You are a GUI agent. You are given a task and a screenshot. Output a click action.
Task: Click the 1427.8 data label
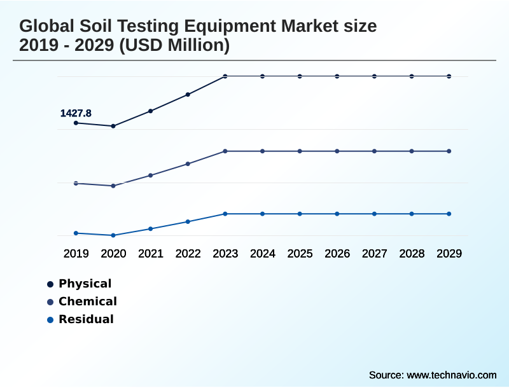(x=76, y=113)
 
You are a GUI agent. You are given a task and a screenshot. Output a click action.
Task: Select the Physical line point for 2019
(x=76, y=123)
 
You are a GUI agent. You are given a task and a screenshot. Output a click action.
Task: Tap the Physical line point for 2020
(x=113, y=126)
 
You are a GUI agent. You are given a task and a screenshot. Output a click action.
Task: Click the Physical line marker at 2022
(x=188, y=95)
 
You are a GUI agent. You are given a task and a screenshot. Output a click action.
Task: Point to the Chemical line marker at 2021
(x=151, y=175)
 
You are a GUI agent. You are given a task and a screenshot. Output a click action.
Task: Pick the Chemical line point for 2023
(x=225, y=151)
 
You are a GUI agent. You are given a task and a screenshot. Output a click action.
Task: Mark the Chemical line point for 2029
(x=449, y=151)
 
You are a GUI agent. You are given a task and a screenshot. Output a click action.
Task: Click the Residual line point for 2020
(x=113, y=235)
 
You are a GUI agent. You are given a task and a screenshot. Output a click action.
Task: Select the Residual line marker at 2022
(x=188, y=221)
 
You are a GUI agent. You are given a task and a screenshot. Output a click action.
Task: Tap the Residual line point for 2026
(x=337, y=214)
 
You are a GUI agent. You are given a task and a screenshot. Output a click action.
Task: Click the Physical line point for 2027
(x=375, y=76)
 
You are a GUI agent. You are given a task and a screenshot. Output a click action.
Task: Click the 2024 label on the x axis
(x=263, y=254)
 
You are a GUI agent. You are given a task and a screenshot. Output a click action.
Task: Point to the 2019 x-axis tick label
(x=76, y=254)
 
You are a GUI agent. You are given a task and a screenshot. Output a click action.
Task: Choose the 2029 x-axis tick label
(x=449, y=254)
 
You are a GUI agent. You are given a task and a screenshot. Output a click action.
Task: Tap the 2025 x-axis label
(x=300, y=254)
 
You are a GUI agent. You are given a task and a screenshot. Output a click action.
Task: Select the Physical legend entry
(x=85, y=284)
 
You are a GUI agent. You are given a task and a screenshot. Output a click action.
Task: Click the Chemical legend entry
(x=87, y=301)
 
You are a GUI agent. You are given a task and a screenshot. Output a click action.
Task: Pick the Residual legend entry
(x=86, y=319)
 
